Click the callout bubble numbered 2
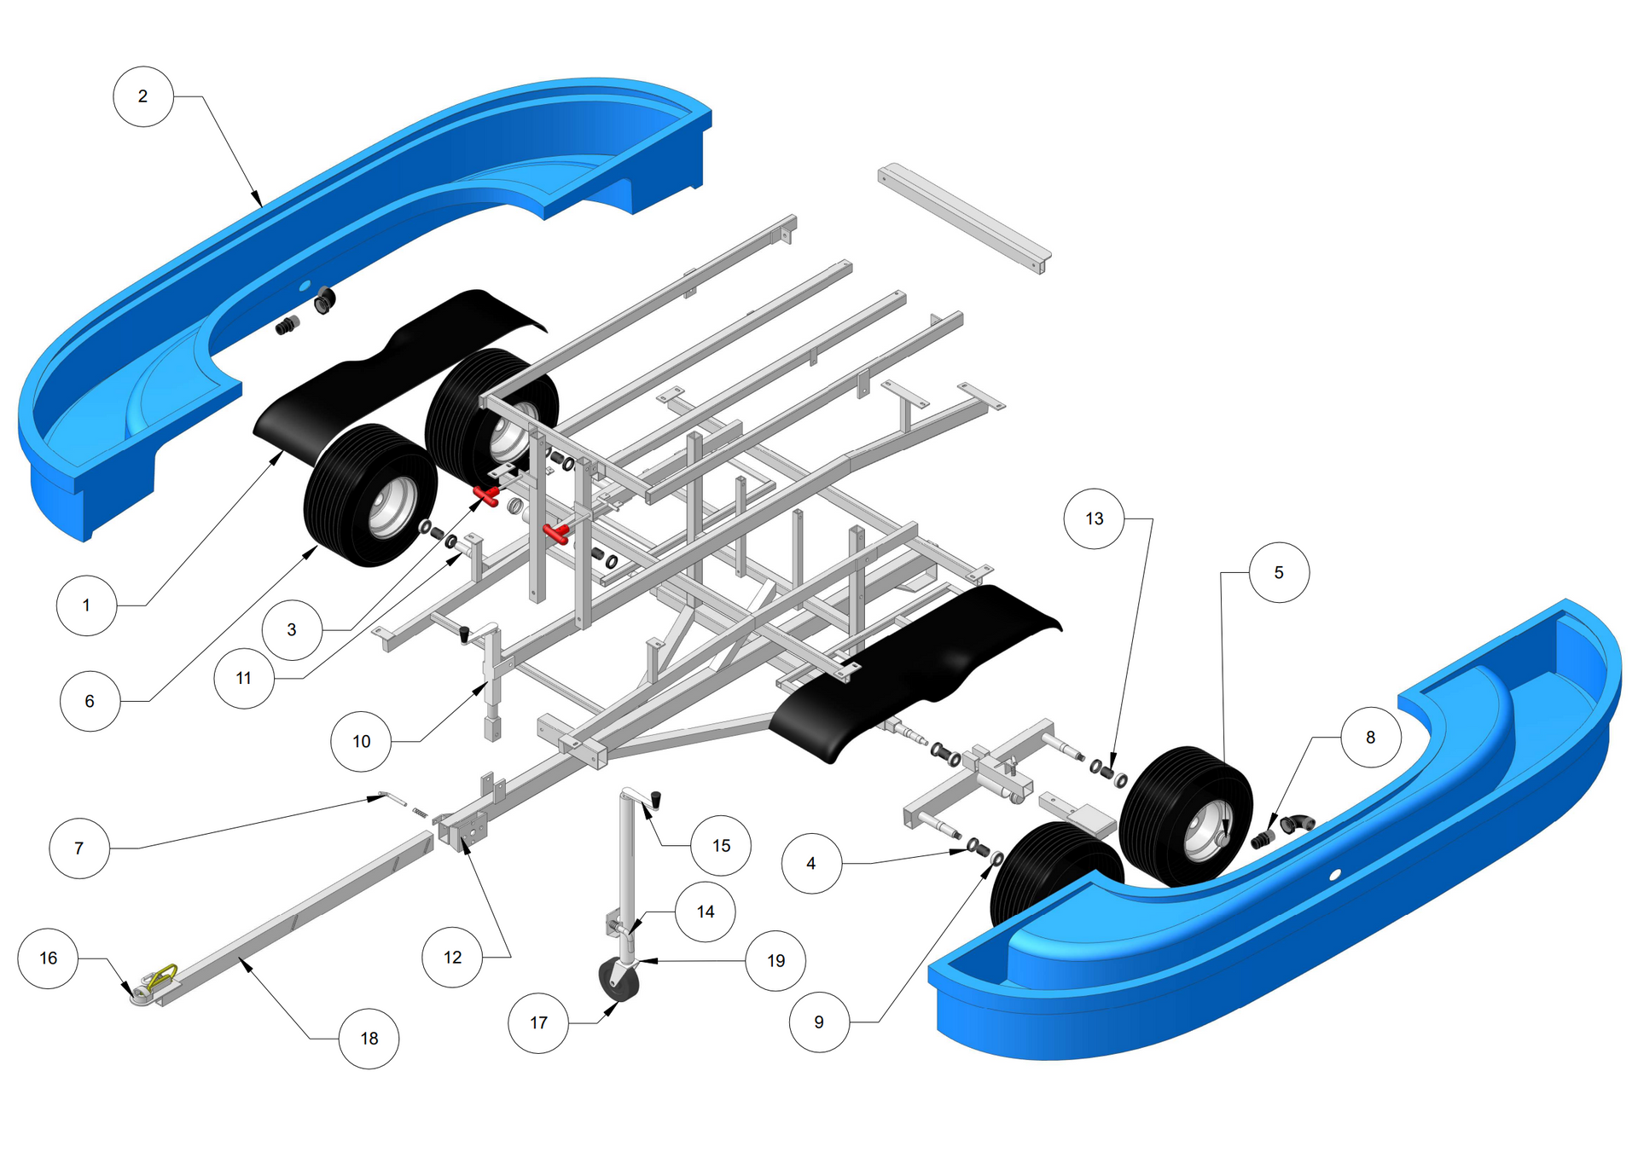click(143, 96)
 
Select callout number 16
click(49, 958)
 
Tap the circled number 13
click(1095, 518)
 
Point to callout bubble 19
click(775, 960)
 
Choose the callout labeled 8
click(1371, 737)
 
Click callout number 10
click(361, 741)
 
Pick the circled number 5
click(1279, 572)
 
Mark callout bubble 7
click(79, 848)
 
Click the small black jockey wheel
click(619, 980)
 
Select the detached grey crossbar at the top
click(964, 217)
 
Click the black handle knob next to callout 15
click(657, 800)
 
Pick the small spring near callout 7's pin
click(418, 811)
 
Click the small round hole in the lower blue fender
click(1336, 874)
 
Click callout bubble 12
click(453, 957)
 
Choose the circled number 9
click(819, 1022)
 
